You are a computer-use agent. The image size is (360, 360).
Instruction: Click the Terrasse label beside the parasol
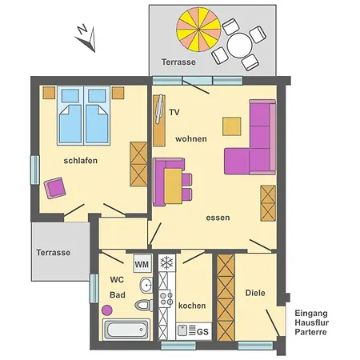pyautogui.click(x=178, y=62)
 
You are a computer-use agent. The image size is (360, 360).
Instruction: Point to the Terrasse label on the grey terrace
pyautogui.click(x=53, y=252)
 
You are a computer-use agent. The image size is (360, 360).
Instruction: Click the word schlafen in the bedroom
pyautogui.click(x=81, y=161)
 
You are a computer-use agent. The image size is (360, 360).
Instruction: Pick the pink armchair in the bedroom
pyautogui.click(x=55, y=188)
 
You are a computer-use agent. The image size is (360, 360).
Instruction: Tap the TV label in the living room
pyautogui.click(x=174, y=112)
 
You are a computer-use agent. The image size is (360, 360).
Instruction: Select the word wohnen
pyautogui.click(x=192, y=138)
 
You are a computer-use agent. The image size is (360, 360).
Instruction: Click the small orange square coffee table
pyautogui.click(x=232, y=126)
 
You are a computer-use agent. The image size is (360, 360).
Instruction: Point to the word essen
pyautogui.click(x=218, y=217)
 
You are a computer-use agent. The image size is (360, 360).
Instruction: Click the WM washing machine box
pyautogui.click(x=142, y=264)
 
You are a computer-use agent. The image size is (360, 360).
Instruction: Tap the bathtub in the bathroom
pyautogui.click(x=126, y=330)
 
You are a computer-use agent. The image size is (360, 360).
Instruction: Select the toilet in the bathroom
pyautogui.click(x=144, y=305)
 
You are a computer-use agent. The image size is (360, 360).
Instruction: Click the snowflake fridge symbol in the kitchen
pyautogui.click(x=167, y=262)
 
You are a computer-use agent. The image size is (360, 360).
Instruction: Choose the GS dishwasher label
pyautogui.click(x=202, y=331)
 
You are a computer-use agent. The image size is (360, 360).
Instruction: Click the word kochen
pyautogui.click(x=192, y=306)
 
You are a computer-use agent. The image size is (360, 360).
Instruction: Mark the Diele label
pyautogui.click(x=255, y=294)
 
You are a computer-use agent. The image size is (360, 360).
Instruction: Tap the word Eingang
pyautogui.click(x=310, y=313)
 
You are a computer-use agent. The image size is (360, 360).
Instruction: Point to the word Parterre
pyautogui.click(x=310, y=332)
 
